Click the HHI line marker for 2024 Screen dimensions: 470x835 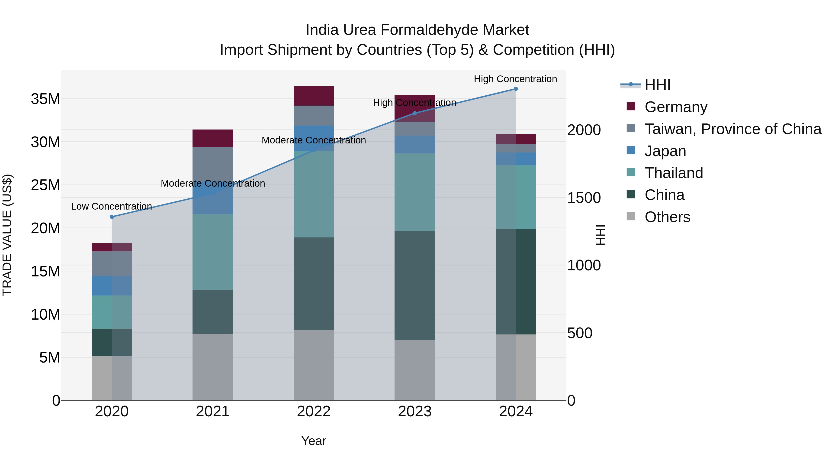click(516, 89)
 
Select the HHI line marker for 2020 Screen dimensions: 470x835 click(112, 217)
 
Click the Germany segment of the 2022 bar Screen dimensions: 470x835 click(313, 96)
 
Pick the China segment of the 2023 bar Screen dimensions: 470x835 click(414, 285)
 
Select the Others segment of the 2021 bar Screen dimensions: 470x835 click(213, 366)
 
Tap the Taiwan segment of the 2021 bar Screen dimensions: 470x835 click(213, 165)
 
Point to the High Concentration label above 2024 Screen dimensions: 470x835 click(515, 79)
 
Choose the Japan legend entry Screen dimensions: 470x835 click(665, 151)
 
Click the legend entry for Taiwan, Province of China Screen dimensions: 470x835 click(732, 129)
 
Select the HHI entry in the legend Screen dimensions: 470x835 click(657, 85)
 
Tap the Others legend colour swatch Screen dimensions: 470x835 click(631, 216)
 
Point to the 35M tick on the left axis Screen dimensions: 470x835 click(45, 99)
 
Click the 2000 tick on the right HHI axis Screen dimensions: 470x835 click(584, 130)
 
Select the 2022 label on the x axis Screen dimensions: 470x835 click(313, 412)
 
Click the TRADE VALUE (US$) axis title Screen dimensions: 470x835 click(7, 235)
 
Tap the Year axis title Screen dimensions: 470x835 click(313, 441)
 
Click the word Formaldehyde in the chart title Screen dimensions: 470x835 click(438, 30)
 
